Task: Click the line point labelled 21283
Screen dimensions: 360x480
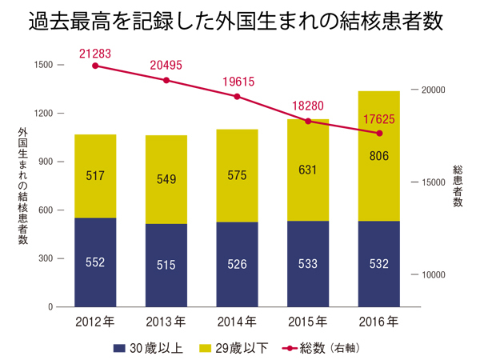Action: pyautogui.click(x=95, y=66)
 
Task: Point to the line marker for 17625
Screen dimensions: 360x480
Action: pyautogui.click(x=379, y=133)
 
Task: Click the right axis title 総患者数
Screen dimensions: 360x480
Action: pyautogui.click(x=458, y=186)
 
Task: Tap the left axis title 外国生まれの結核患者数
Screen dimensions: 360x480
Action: pyautogui.click(x=22, y=186)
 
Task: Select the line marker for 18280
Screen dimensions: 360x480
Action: pyautogui.click(x=308, y=121)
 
